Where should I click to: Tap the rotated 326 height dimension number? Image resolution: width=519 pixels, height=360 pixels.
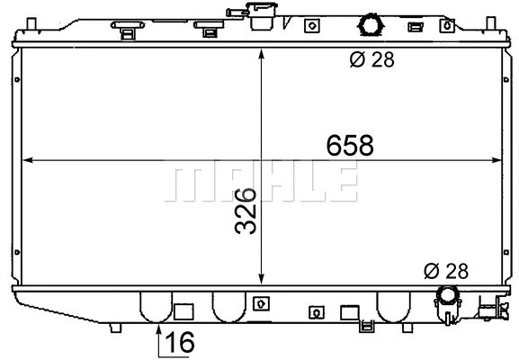click(245, 211)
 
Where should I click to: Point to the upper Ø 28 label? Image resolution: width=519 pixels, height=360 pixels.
click(371, 61)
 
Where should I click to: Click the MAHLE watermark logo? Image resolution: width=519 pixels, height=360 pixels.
click(262, 184)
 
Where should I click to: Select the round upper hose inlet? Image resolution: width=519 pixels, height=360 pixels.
click(370, 23)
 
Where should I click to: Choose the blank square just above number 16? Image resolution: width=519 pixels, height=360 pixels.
click(183, 312)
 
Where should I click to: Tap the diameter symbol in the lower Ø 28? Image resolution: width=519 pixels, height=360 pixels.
click(431, 269)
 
